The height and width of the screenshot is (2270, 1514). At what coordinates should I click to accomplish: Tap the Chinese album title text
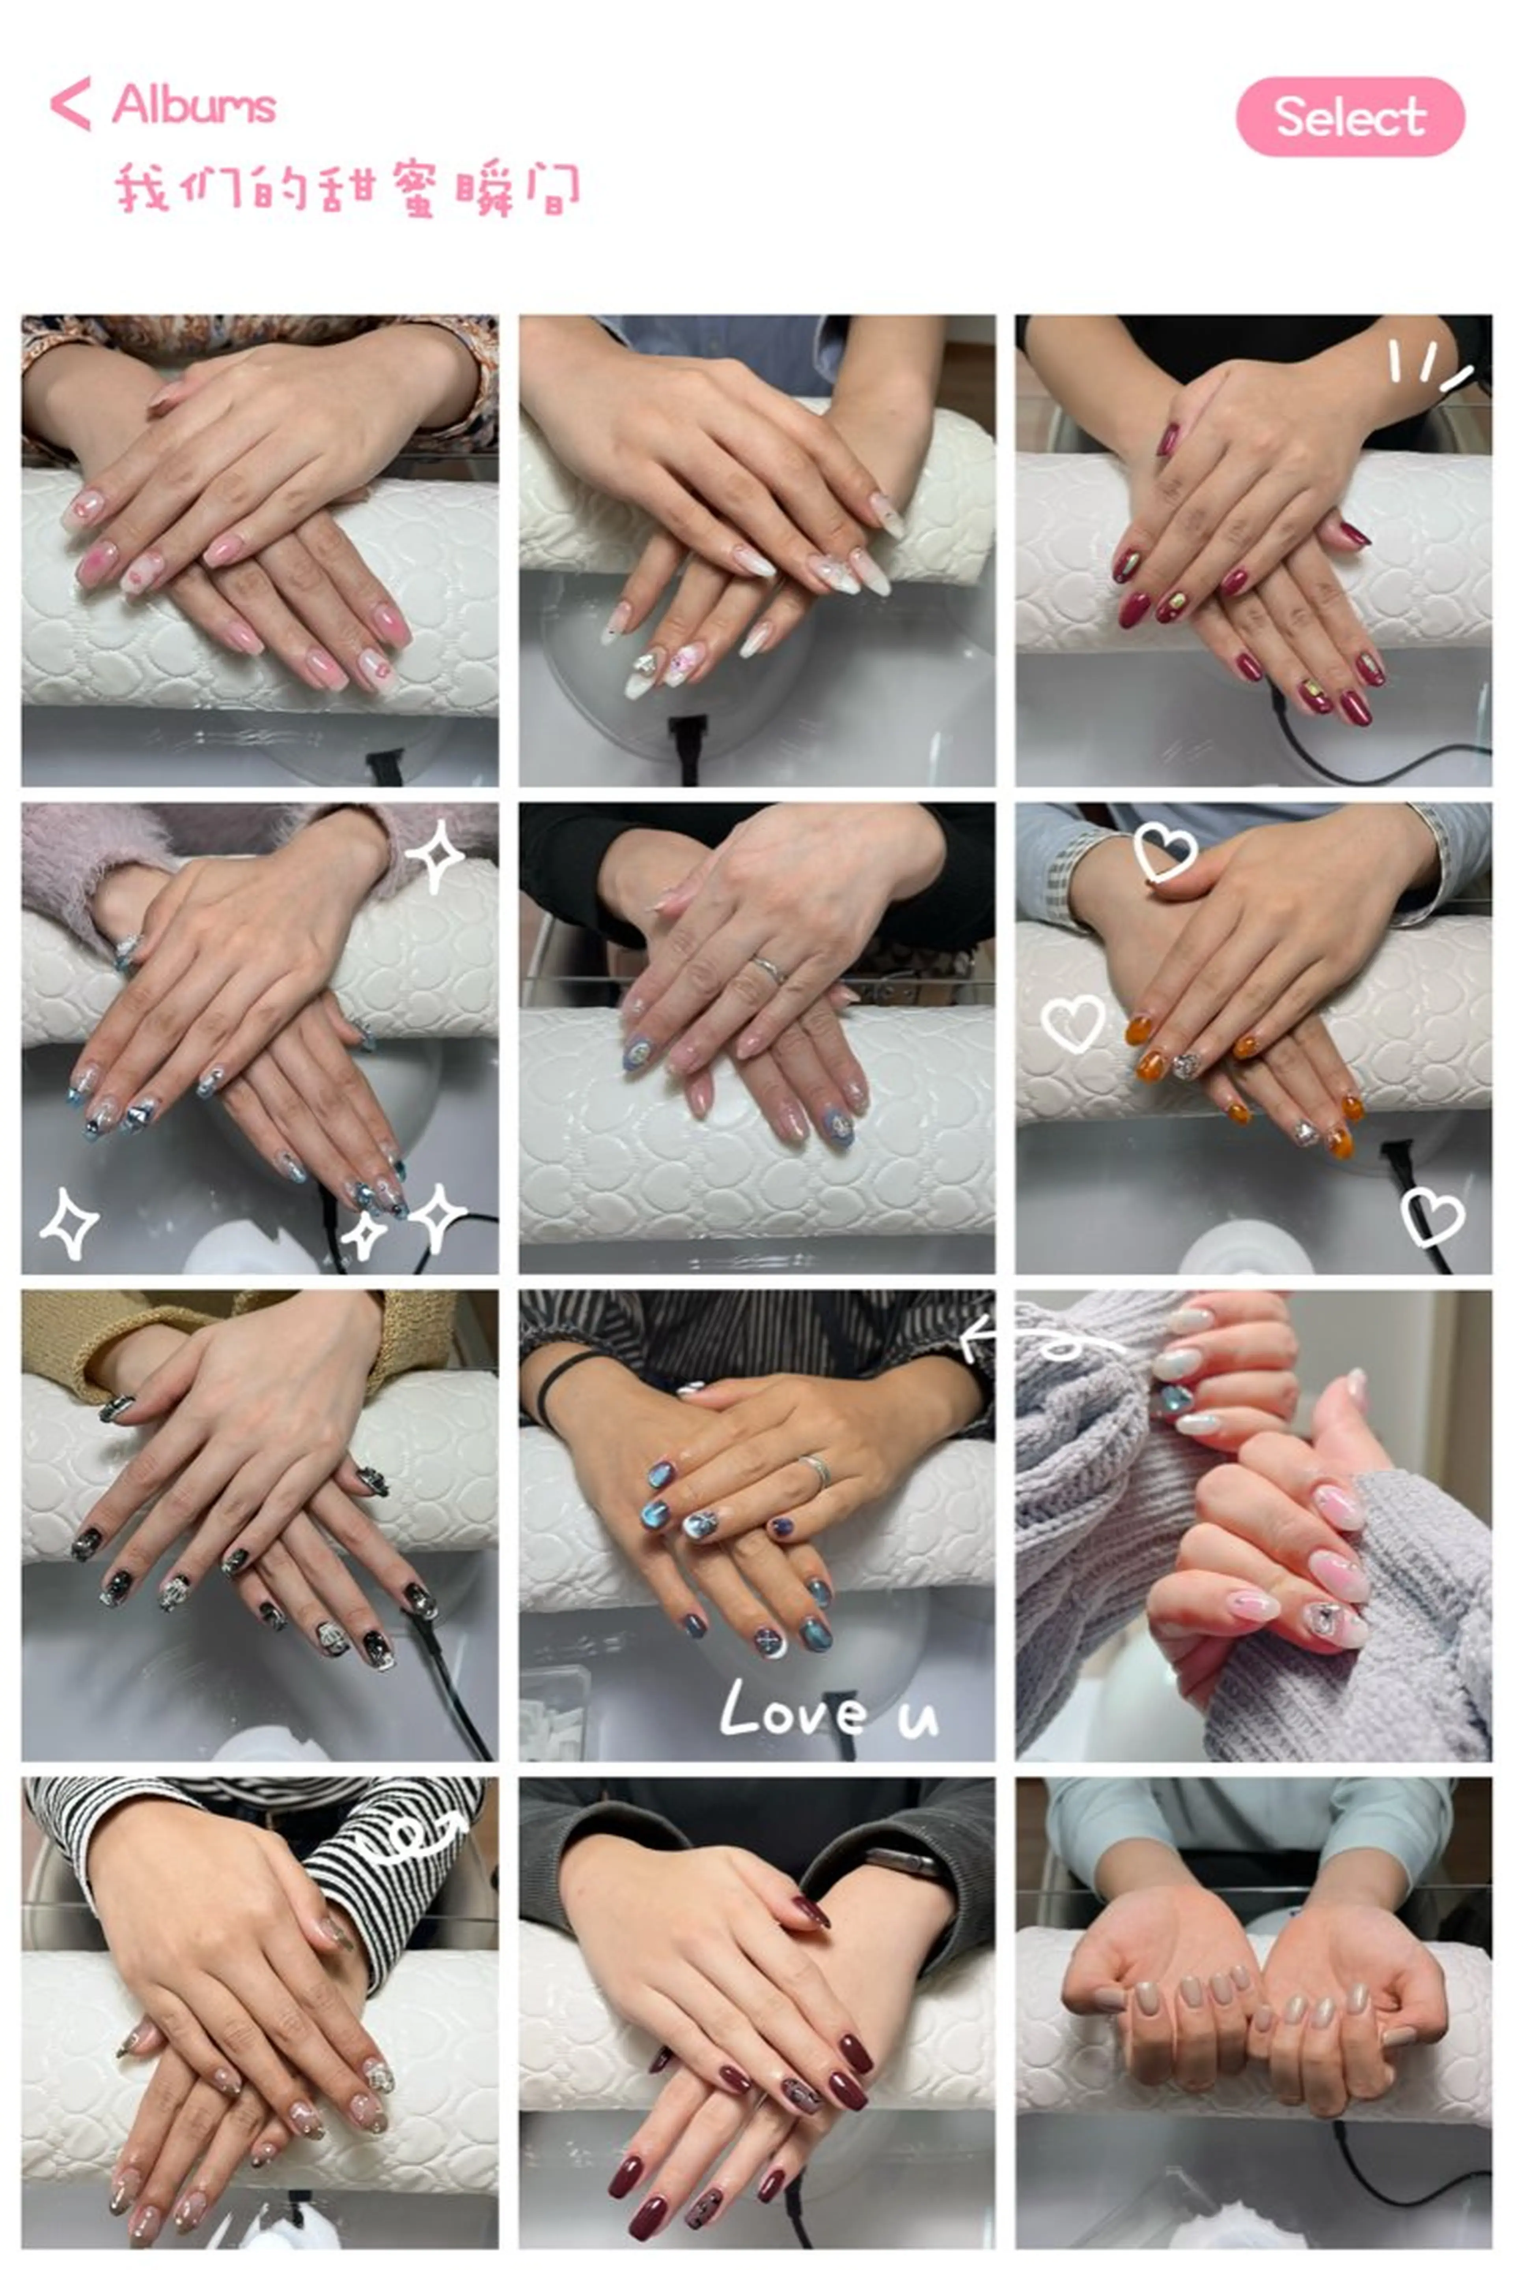click(348, 189)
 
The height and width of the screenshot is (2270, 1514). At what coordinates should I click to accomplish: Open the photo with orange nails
click(1252, 1039)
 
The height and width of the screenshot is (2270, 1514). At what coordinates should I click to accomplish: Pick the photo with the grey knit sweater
click(1252, 1526)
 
